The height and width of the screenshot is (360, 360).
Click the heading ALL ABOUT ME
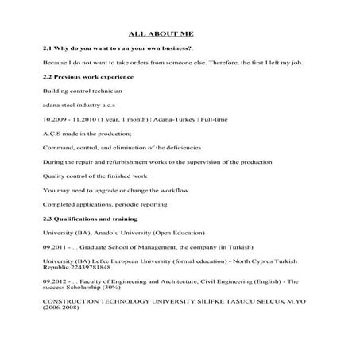pyautogui.click(x=161, y=33)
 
